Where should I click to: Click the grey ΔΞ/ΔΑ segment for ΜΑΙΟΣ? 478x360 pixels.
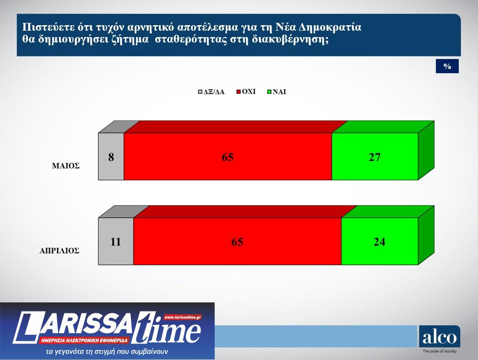click(x=111, y=156)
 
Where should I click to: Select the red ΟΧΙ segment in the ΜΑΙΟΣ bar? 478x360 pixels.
click(x=228, y=156)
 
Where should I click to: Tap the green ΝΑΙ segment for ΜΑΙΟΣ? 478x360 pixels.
click(x=375, y=156)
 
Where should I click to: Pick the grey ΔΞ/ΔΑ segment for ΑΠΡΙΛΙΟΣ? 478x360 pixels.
click(x=116, y=241)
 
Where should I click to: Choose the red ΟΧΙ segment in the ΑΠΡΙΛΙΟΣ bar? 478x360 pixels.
click(x=237, y=241)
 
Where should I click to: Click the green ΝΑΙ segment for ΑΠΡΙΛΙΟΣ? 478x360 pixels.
click(x=380, y=241)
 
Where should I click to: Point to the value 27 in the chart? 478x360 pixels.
click(x=375, y=157)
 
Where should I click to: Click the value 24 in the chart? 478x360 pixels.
click(x=379, y=242)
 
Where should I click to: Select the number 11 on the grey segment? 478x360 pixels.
click(x=115, y=242)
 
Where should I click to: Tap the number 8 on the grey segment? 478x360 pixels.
click(x=111, y=157)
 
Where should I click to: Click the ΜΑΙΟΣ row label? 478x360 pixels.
click(x=65, y=166)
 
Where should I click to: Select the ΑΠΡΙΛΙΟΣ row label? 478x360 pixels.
click(x=59, y=251)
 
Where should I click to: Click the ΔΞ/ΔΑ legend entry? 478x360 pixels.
click(x=211, y=91)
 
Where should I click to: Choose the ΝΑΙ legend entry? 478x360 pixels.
click(x=277, y=91)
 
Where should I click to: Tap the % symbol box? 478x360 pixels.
click(x=447, y=67)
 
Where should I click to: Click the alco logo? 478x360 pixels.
click(x=439, y=338)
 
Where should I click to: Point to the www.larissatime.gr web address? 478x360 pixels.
click(x=182, y=317)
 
